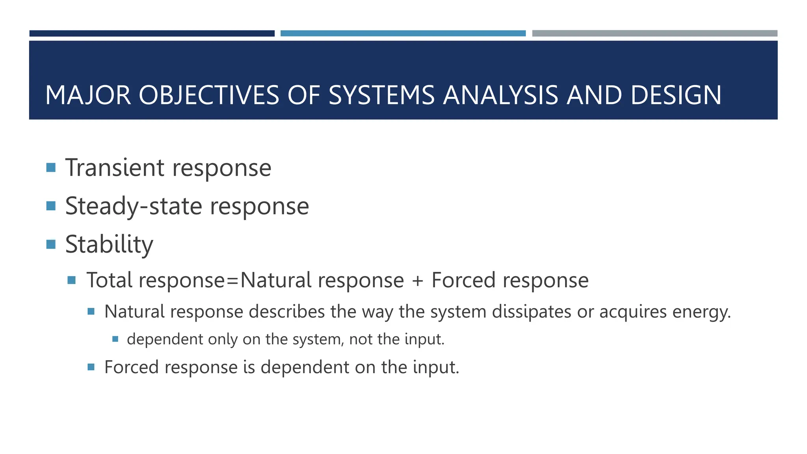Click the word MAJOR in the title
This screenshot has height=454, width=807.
pos(88,95)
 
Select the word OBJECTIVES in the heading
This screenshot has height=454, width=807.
pos(209,95)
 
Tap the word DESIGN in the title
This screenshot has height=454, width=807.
pos(676,95)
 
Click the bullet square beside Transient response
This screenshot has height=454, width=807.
pos(51,168)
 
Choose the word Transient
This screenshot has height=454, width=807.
pos(115,168)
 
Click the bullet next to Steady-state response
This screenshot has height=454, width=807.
pos(51,206)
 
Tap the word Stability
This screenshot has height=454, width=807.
pos(109,244)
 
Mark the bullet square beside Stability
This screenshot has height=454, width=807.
pos(51,244)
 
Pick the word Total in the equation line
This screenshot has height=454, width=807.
pos(109,280)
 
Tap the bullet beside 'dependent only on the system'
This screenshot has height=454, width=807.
pos(115,339)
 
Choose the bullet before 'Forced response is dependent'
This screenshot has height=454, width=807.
pos(91,367)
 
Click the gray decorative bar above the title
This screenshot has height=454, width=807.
pos(655,33)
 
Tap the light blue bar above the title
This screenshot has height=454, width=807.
pos(403,33)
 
